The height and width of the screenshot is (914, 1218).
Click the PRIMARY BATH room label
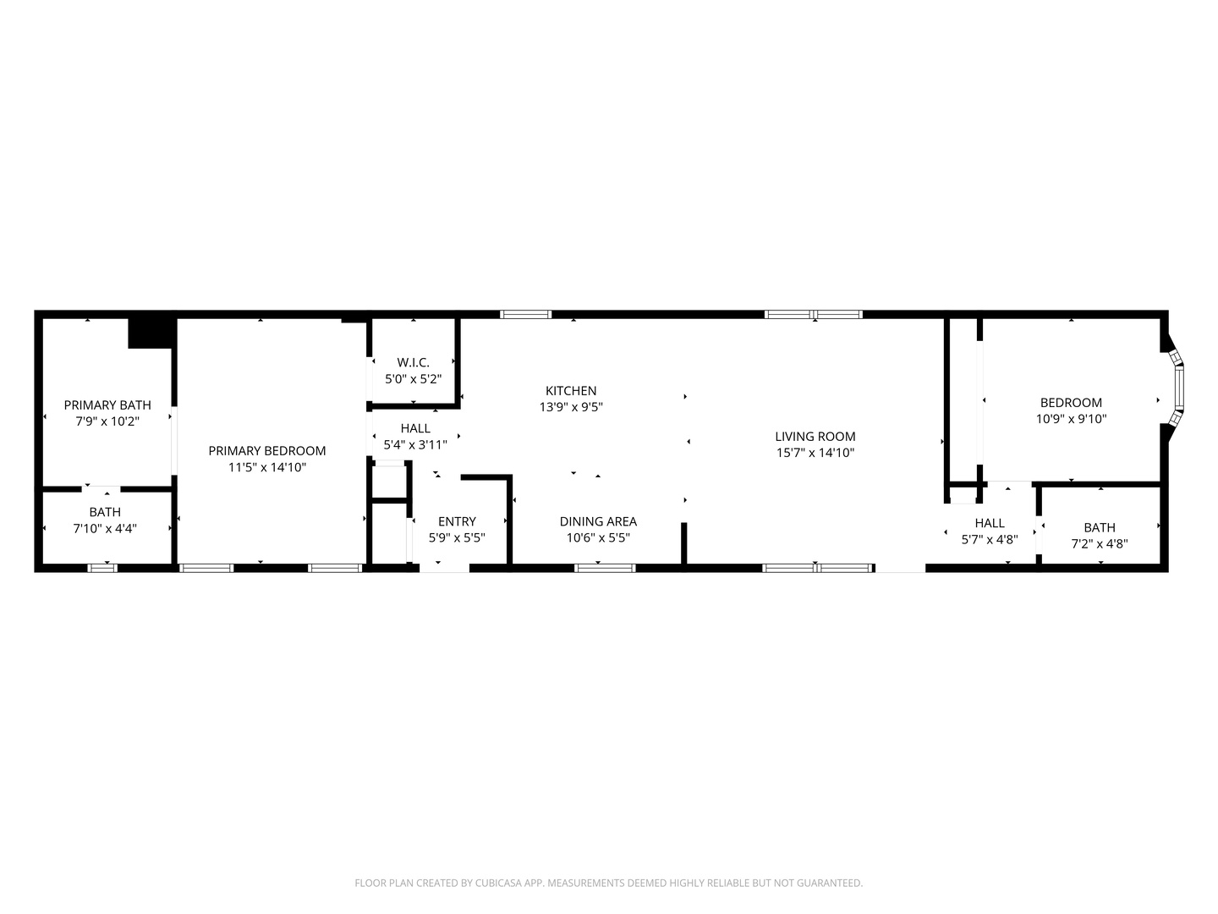coord(107,405)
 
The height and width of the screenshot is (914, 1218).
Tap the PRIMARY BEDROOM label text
coord(267,450)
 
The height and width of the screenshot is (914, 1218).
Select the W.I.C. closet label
coord(414,362)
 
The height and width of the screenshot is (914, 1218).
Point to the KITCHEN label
coord(571,391)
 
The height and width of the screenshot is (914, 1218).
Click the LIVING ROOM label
coord(815,437)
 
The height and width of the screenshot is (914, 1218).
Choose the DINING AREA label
coord(598,521)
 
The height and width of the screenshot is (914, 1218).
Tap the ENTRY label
coord(457,521)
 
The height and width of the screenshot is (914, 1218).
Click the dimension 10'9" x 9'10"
coord(1071,419)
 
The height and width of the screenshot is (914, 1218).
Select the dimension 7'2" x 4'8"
coord(1100,544)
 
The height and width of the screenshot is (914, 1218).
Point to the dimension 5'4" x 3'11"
coord(415,445)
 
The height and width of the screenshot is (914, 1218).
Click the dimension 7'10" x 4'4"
coord(105,528)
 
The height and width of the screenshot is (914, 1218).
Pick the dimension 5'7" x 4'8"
coord(990,539)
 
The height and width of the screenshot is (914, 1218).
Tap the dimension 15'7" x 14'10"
coord(815,453)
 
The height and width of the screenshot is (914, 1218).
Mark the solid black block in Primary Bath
coord(151,333)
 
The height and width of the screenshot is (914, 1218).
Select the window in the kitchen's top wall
coord(525,315)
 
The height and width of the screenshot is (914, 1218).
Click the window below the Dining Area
coord(605,568)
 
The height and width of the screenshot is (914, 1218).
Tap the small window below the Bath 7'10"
coord(102,568)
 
